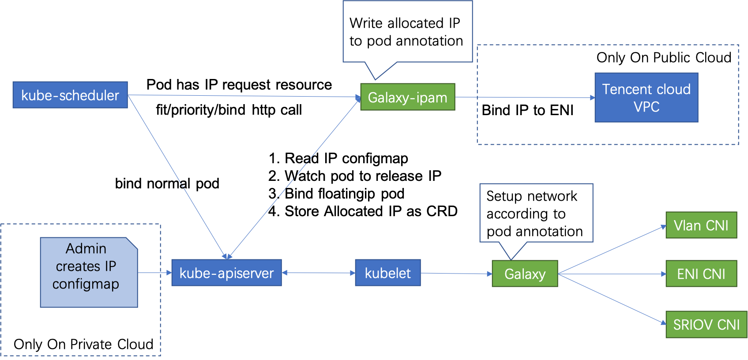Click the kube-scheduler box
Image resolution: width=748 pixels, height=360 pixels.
coord(70,95)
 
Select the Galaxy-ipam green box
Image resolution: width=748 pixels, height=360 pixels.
coord(407,97)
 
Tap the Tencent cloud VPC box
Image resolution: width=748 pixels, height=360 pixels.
coord(646,97)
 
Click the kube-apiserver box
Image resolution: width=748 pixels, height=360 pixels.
coord(226,273)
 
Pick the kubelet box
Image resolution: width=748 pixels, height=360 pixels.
coord(387,273)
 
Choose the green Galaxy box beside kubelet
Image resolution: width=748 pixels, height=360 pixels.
coord(525,274)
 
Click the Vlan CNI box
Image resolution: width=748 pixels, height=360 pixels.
coord(701,225)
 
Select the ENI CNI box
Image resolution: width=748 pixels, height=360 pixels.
coord(701,274)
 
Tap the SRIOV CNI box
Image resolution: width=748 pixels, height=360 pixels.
coord(706,325)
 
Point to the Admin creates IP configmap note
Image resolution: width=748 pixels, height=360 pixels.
coord(88,272)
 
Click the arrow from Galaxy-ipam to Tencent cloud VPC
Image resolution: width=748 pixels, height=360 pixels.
coord(525,97)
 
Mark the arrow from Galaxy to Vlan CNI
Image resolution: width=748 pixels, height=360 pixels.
coord(612,250)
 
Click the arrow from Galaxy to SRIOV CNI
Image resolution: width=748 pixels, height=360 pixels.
coord(612,299)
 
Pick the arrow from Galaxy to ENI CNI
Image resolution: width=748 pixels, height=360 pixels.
coord(612,274)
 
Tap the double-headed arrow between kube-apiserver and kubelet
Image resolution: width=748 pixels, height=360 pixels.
coord(318,273)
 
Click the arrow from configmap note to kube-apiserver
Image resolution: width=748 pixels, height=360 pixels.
coord(154,273)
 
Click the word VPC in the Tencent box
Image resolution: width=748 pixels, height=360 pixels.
coord(646,107)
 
